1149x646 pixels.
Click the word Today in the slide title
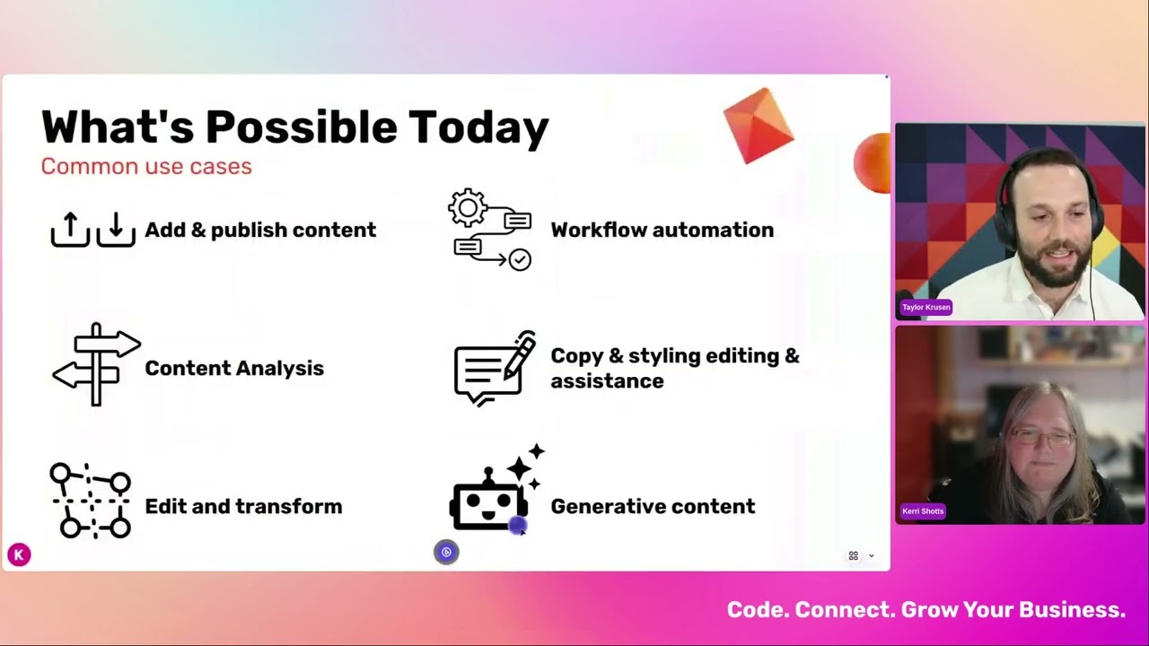coord(478,127)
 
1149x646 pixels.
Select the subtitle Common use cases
coord(146,167)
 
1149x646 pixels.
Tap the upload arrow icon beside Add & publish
coord(70,230)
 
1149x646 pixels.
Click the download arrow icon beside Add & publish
coord(116,230)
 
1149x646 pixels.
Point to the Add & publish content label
coord(260,230)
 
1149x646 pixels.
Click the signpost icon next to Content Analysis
coord(96,364)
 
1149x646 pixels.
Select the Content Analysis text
coord(234,368)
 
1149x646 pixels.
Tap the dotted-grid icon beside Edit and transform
coord(91,501)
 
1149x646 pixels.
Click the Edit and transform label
coord(243,506)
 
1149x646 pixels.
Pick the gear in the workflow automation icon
coord(468,208)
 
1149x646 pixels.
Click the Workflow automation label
coord(662,230)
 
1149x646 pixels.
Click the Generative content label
coord(653,506)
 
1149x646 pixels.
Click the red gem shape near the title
coord(759,126)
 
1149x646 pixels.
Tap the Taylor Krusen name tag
coord(925,307)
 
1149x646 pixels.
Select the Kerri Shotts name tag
coord(923,511)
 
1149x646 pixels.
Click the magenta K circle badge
coord(19,554)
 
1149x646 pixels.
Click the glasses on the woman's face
coord(1042,437)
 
